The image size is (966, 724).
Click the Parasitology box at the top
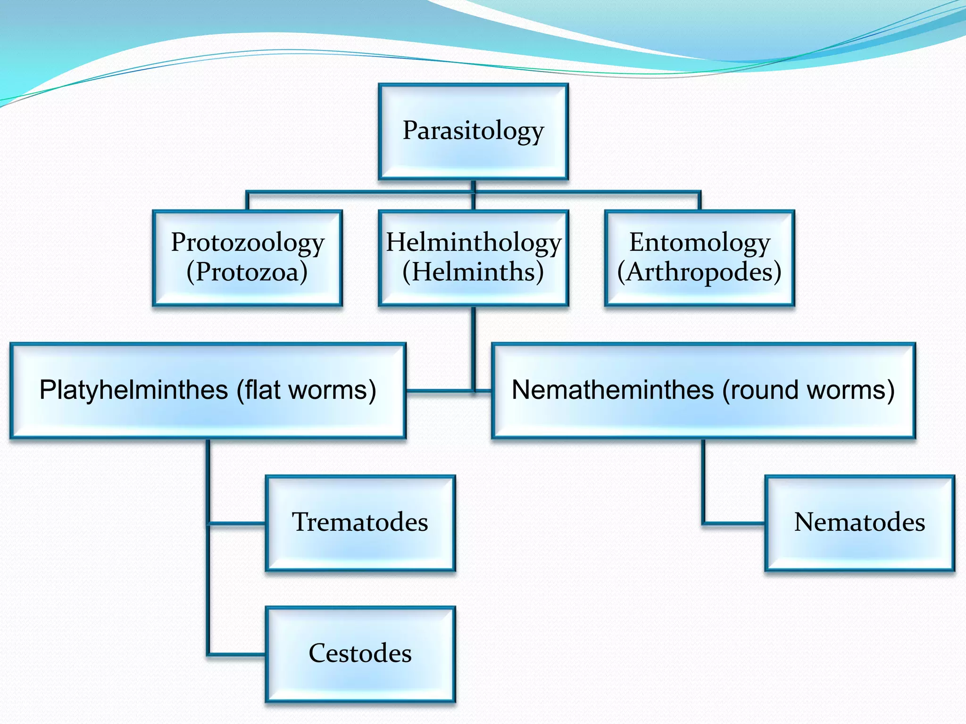click(x=473, y=132)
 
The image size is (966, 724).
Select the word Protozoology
click(x=247, y=242)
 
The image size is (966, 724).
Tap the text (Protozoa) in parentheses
click(x=247, y=272)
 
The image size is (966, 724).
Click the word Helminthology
click(x=474, y=242)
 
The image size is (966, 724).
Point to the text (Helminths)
click(x=473, y=272)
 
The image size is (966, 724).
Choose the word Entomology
click(x=700, y=242)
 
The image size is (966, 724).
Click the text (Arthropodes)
click(x=700, y=272)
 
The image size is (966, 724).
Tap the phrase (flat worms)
click(x=307, y=390)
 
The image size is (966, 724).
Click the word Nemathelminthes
click(x=613, y=390)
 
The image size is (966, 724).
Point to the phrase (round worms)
click(x=808, y=390)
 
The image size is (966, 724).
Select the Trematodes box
click(x=360, y=523)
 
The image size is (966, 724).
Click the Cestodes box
click(x=360, y=654)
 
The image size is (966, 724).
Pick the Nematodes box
click(x=859, y=523)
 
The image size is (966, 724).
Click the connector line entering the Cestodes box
click(x=236, y=654)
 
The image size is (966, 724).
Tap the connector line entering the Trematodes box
click(x=236, y=523)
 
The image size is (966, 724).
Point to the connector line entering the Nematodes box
click(x=733, y=523)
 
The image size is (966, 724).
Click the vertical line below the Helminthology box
click(x=474, y=349)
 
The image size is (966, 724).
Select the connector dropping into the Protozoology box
click(x=247, y=201)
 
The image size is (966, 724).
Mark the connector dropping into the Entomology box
click(x=699, y=201)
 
